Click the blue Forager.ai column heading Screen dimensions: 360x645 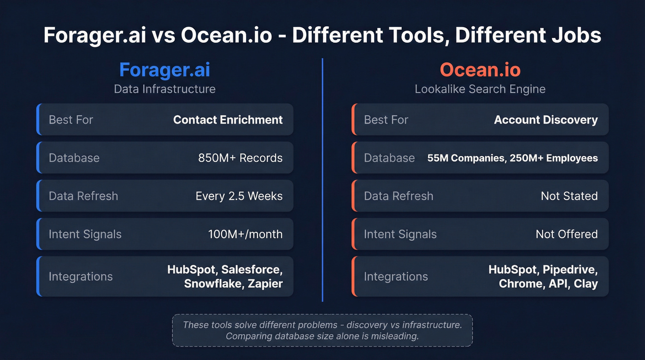tap(164, 70)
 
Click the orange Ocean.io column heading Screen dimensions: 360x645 tap(480, 70)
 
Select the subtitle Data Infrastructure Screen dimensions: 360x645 tap(164, 89)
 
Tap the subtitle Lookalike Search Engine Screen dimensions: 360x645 tap(480, 89)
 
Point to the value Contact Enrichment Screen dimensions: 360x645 tap(228, 120)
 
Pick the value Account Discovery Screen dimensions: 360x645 tap(545, 120)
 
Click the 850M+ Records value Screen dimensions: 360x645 tap(240, 158)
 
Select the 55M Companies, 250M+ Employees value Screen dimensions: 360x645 tap(512, 158)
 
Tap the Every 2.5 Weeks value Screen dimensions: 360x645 tap(239, 196)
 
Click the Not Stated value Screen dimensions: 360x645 tap(569, 196)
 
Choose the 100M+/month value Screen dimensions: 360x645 tap(245, 234)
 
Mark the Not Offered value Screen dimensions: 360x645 tap(566, 234)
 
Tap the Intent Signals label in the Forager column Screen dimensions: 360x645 tap(85, 234)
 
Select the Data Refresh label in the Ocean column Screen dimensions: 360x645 tap(399, 196)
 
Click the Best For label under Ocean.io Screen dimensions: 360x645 tap(386, 120)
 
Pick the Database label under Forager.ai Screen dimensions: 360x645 tap(74, 158)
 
